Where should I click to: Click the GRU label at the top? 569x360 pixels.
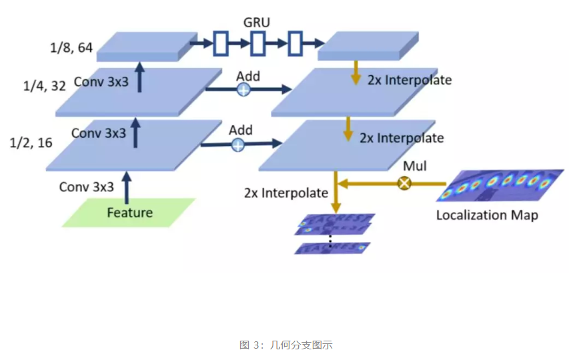pos(257,22)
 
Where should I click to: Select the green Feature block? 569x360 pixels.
pos(130,213)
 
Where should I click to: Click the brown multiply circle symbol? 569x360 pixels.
pos(404,182)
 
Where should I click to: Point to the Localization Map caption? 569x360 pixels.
pos(487,215)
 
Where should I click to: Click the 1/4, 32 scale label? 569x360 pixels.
pos(44,86)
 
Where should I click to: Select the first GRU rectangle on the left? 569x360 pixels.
pos(221,45)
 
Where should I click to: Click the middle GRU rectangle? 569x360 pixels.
pos(258,45)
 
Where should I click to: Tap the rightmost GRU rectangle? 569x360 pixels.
pos(296,45)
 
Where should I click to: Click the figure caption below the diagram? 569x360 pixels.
pos(286,345)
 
